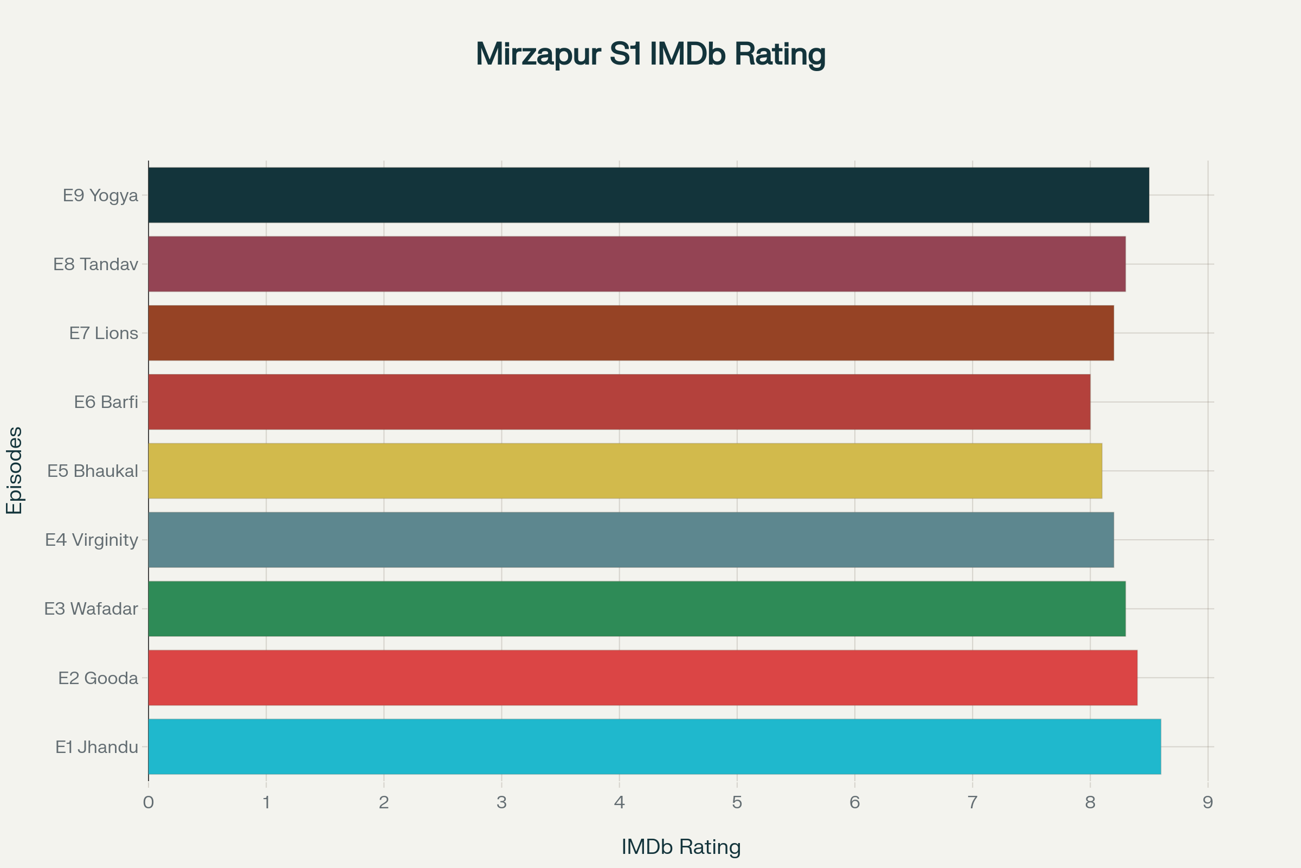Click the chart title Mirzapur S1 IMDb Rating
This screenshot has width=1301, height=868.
(x=650, y=54)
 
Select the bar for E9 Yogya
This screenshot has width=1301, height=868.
(x=648, y=195)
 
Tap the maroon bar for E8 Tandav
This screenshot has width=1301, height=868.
(x=636, y=264)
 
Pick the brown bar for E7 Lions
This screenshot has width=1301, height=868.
(x=630, y=333)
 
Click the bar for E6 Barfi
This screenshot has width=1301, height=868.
(x=619, y=402)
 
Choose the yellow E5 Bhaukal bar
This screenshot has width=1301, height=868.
(x=625, y=470)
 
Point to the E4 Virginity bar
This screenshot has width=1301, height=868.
(x=630, y=540)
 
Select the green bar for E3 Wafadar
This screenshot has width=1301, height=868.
(x=636, y=608)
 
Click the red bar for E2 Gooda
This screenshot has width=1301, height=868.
(x=643, y=678)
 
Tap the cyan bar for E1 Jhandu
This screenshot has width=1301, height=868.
(x=654, y=746)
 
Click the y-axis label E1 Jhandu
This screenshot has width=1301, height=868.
(x=97, y=748)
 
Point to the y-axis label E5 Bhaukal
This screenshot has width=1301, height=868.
(x=92, y=471)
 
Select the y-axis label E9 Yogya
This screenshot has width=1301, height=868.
(x=100, y=195)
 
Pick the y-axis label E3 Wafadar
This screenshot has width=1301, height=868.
(x=91, y=609)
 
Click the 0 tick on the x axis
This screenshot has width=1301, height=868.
(x=148, y=802)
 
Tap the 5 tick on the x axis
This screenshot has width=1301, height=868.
(x=737, y=802)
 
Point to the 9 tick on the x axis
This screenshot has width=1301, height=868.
(x=1208, y=802)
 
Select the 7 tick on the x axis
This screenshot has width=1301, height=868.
(x=972, y=802)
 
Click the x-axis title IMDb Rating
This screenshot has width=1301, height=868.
(x=681, y=846)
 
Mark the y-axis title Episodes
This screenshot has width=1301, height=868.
(x=15, y=470)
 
